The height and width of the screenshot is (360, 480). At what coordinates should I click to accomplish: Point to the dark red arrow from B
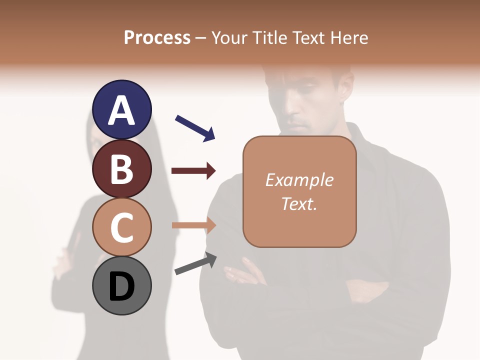(193, 171)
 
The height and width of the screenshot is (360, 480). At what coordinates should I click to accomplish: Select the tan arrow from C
(193, 225)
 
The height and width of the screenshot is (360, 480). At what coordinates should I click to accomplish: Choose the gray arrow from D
(195, 264)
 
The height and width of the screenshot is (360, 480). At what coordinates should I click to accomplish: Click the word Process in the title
(157, 37)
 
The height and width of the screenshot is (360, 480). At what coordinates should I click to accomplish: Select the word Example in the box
(299, 179)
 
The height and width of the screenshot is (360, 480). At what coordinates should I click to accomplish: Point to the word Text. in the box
(299, 203)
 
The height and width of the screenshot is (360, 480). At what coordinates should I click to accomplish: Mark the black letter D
(122, 287)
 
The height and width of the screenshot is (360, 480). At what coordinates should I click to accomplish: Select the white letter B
(122, 169)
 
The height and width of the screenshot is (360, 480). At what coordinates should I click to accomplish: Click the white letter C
(122, 228)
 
